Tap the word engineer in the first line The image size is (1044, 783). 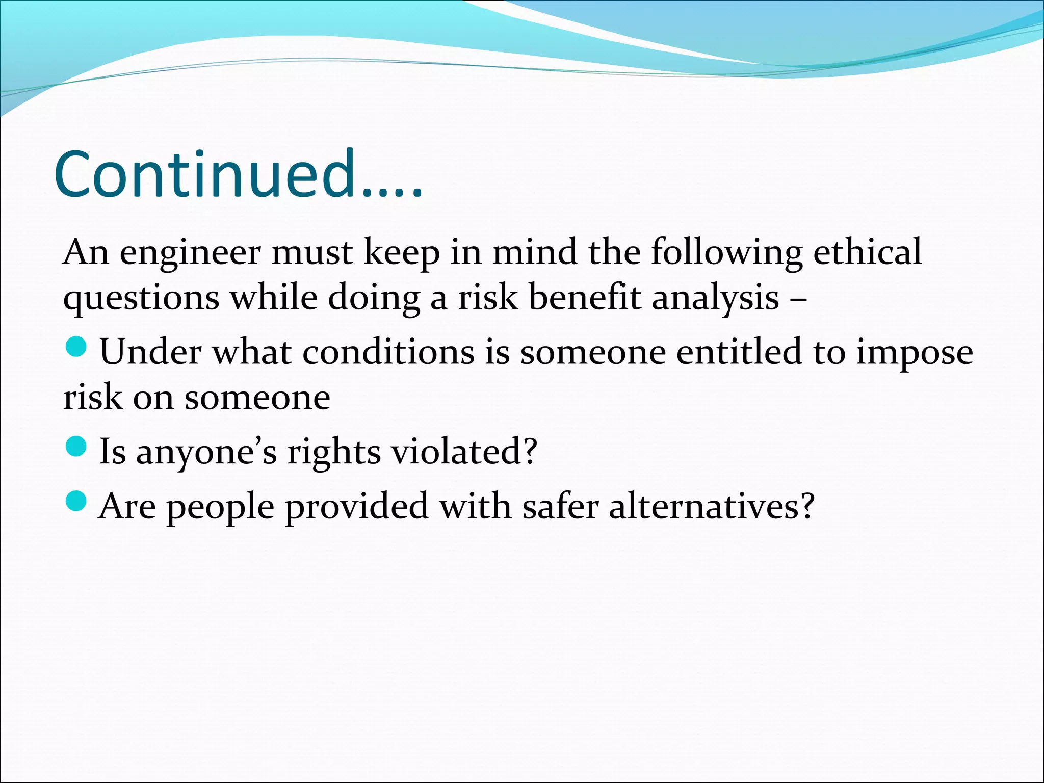[x=190, y=253]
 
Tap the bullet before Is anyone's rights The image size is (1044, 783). [x=76, y=447]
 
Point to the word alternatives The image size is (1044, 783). [x=712, y=506]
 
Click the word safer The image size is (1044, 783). [x=560, y=506]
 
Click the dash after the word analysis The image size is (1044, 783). [x=798, y=298]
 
